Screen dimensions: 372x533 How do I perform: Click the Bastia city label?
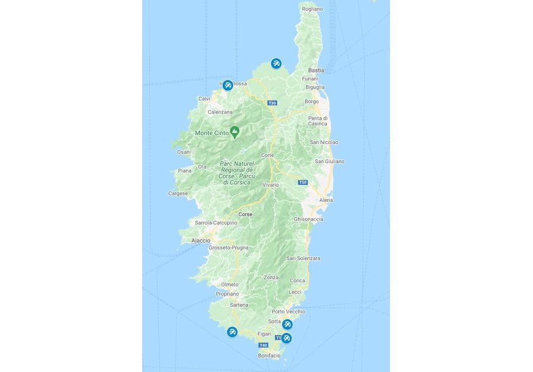tap(316, 70)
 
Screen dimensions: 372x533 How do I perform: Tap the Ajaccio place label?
tap(201, 240)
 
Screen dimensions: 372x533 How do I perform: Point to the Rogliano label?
tap(312, 9)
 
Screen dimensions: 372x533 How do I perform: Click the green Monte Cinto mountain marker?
tap(235, 132)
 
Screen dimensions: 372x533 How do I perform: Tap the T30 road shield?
tap(272, 103)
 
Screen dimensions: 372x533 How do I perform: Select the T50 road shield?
tap(303, 182)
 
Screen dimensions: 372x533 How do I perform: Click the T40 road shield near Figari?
tap(264, 345)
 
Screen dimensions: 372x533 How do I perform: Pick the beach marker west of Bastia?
tap(275, 63)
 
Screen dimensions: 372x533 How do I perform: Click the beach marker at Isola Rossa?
tap(227, 85)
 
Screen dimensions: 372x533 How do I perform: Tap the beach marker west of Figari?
tap(232, 332)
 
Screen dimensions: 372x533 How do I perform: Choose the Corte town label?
tap(267, 155)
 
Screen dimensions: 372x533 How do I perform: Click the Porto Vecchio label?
tap(288, 312)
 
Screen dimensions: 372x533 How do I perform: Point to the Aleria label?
tap(326, 200)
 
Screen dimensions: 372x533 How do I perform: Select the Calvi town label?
tap(204, 98)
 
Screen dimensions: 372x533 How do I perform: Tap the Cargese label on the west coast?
tap(178, 193)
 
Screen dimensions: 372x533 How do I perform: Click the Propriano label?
tap(227, 294)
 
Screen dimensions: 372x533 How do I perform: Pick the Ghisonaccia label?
tap(309, 219)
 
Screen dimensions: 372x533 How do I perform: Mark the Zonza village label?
tap(271, 277)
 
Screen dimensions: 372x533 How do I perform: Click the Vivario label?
tap(271, 185)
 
